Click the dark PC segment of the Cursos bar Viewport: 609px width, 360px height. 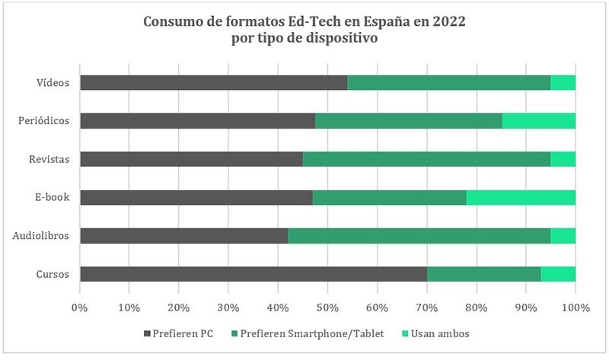[253, 274]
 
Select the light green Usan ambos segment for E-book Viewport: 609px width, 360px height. [521, 197]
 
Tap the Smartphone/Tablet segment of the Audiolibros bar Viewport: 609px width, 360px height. [419, 236]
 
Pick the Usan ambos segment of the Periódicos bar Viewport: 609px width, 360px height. [539, 120]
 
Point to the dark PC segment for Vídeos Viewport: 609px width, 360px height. [213, 82]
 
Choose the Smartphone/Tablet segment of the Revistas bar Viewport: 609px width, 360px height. [426, 159]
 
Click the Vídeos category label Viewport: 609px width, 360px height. [53, 82]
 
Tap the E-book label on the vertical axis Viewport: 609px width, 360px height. [52, 197]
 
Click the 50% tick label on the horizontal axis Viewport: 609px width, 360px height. [327, 307]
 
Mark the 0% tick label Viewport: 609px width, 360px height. [79, 307]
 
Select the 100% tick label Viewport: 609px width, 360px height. [576, 307]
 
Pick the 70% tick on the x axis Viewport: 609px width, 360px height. [426, 307]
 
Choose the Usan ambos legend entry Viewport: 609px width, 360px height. [435, 333]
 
